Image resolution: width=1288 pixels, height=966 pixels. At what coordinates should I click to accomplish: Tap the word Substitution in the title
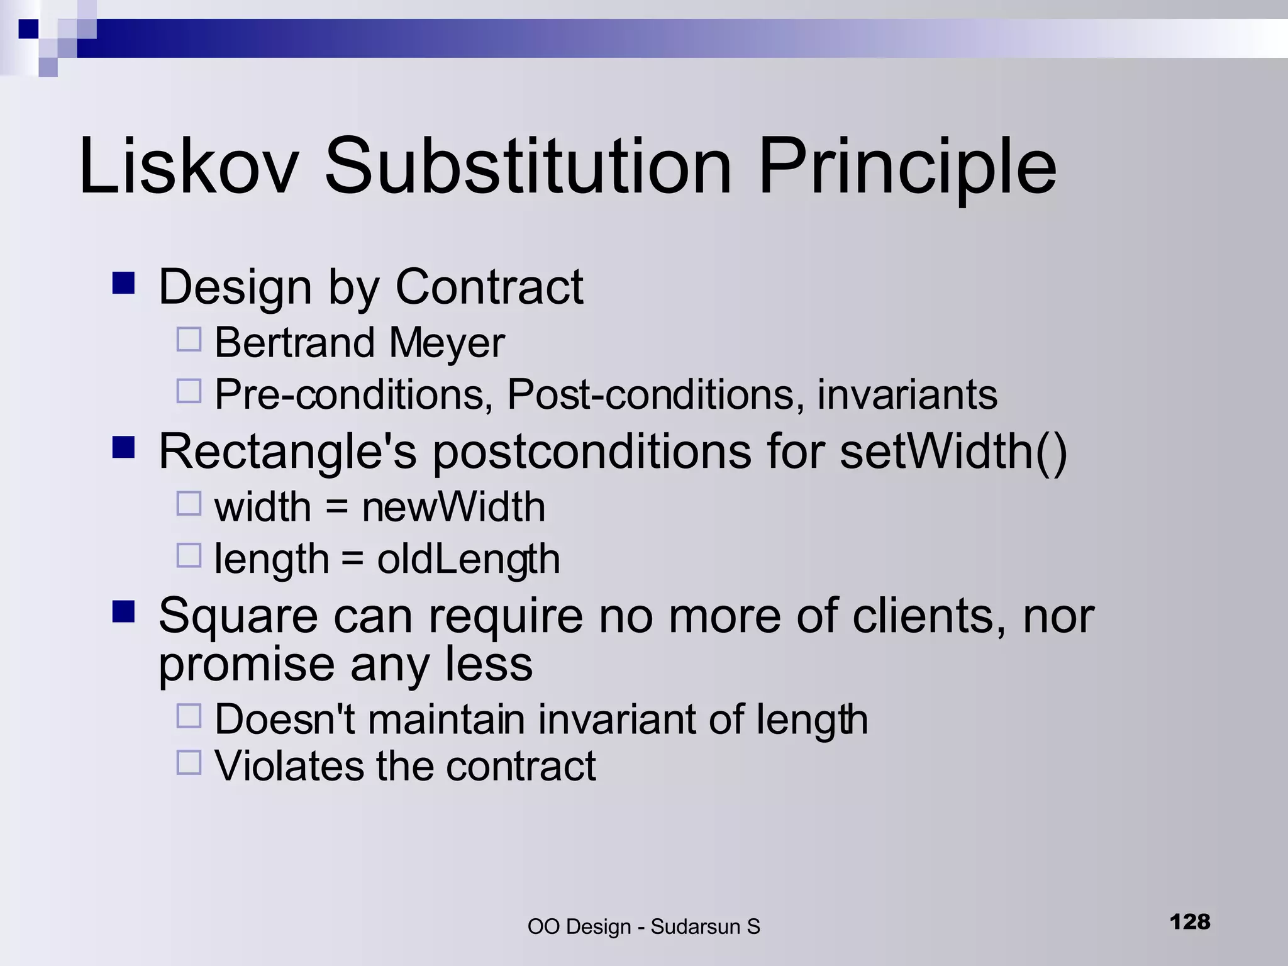tap(528, 167)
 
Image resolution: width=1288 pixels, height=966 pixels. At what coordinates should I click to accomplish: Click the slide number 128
tap(1190, 922)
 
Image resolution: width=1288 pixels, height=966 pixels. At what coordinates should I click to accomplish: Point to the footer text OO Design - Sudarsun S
tap(643, 927)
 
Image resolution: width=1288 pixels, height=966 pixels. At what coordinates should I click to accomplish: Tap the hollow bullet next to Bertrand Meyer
tap(189, 340)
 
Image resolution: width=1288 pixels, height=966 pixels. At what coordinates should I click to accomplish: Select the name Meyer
tap(447, 344)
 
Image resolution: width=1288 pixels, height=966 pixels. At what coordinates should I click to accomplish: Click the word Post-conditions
tap(654, 395)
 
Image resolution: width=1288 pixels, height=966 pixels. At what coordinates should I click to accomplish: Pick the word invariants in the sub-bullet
tap(907, 395)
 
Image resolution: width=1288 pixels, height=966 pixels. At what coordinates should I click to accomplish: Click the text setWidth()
tap(953, 452)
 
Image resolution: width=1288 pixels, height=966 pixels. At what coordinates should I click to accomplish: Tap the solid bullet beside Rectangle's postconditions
tap(124, 448)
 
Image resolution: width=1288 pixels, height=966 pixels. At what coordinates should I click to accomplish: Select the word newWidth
tap(453, 507)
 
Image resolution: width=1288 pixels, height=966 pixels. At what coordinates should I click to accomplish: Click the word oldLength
tap(469, 560)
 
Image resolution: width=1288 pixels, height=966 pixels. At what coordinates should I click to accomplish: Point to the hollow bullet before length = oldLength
tap(189, 555)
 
